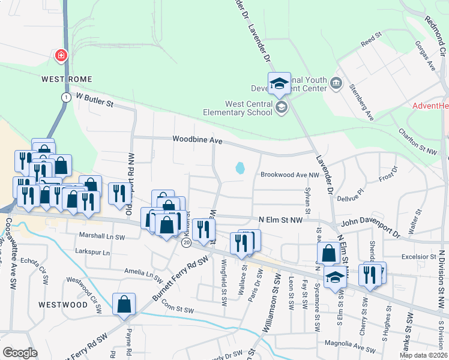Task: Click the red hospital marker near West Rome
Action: pyautogui.click(x=61, y=56)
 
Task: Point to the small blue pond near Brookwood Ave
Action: pyautogui.click(x=241, y=168)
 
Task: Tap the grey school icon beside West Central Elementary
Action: pyautogui.click(x=281, y=107)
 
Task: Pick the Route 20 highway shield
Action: pyautogui.click(x=187, y=242)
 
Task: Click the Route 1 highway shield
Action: pyautogui.click(x=65, y=97)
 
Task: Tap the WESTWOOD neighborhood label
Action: pyautogui.click(x=63, y=305)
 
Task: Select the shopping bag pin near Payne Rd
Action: pyautogui.click(x=124, y=304)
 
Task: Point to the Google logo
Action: pyautogui.click(x=20, y=353)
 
